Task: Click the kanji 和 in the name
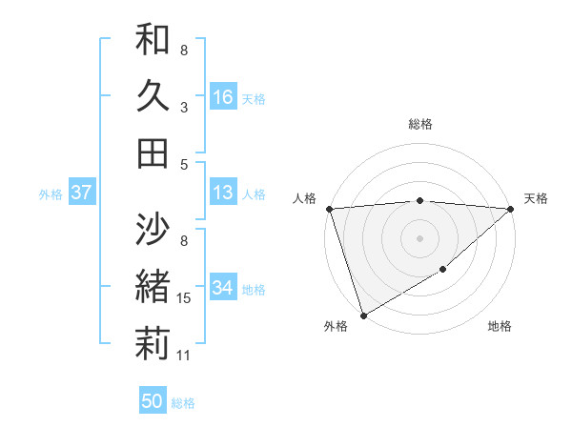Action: [152, 42]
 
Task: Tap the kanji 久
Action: [152, 97]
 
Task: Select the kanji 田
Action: [152, 153]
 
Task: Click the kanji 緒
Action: [152, 286]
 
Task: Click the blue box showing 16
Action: [223, 97]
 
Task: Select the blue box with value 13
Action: [223, 193]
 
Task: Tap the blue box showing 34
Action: [223, 289]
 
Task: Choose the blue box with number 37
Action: [81, 193]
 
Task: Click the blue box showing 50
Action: [153, 402]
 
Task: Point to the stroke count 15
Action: [184, 298]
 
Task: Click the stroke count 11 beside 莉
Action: [184, 356]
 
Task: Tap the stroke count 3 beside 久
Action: [183, 107]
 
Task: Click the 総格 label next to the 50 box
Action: [183, 403]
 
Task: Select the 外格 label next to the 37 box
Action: [51, 194]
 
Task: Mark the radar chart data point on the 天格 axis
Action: [511, 209]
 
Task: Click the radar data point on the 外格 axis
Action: [363, 316]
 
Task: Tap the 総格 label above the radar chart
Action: [419, 124]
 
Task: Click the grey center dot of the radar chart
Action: [419, 238]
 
